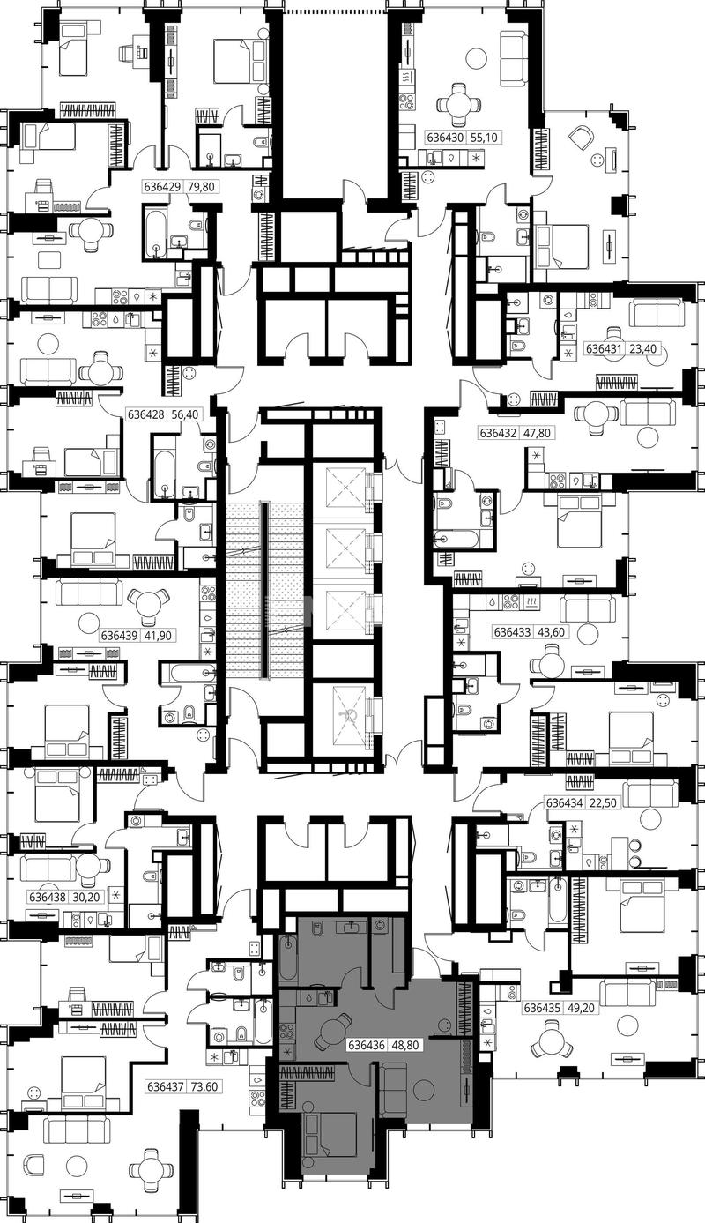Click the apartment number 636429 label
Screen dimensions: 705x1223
click(x=162, y=187)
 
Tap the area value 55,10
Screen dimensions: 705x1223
click(x=484, y=138)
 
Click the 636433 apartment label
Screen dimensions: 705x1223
click(x=512, y=632)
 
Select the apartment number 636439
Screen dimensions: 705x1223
click(x=120, y=636)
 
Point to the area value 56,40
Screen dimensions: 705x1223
click(x=185, y=414)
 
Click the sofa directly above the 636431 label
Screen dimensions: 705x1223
click(x=657, y=312)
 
